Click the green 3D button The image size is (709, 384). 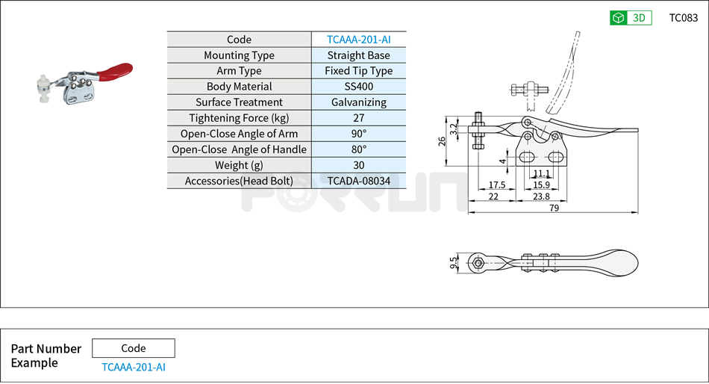(631, 18)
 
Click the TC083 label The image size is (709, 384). (683, 18)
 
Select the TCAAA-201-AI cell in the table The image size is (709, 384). (358, 40)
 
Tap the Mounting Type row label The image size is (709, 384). (239, 55)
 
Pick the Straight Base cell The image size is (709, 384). (358, 55)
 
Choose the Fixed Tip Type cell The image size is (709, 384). (358, 71)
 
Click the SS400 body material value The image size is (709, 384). (358, 87)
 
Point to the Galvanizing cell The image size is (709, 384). (358, 102)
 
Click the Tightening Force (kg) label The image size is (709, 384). (239, 118)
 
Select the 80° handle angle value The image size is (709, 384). (358, 149)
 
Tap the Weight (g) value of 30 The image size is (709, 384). (358, 165)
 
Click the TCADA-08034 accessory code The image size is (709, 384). (358, 181)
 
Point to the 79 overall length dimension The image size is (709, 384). (554, 208)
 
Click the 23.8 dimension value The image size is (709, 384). (542, 196)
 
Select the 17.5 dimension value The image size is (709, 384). (497, 185)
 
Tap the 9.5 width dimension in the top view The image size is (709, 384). (454, 262)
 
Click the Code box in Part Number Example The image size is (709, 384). (134, 348)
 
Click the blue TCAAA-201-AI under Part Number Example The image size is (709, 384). (134, 367)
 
